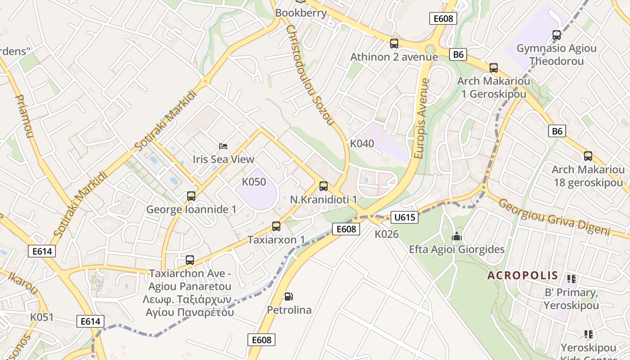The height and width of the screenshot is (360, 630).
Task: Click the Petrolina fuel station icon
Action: [289, 297]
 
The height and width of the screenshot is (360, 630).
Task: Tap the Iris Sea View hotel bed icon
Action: [223, 146]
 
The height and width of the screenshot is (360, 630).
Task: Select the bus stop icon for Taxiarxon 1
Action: [276, 226]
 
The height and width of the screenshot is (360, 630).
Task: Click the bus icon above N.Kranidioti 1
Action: [324, 186]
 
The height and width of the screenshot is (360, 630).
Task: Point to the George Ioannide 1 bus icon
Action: [191, 196]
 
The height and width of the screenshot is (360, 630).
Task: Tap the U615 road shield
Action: [404, 217]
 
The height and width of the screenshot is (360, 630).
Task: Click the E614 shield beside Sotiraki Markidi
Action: [42, 251]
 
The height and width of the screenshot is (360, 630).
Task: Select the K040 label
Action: [362, 144]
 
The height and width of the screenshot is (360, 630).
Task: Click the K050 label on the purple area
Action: [254, 182]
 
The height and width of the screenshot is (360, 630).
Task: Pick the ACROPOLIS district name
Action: [522, 275]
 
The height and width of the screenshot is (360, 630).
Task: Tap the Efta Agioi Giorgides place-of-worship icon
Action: [457, 236]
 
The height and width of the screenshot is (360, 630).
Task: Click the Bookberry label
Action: [301, 13]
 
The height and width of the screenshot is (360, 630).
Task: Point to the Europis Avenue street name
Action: [421, 118]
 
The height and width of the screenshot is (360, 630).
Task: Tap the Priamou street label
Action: [25, 116]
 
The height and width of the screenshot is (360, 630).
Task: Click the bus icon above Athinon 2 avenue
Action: [394, 44]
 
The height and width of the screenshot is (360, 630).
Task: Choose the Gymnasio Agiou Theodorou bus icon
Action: [557, 35]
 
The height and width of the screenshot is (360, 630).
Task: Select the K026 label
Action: [387, 234]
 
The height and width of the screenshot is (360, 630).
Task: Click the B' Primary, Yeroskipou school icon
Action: [571, 279]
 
